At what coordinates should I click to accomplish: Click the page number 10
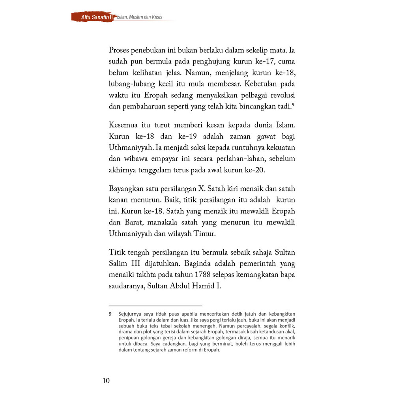coord(106,381)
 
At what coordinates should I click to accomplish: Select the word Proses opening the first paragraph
coord(121,51)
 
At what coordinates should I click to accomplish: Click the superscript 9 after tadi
coord(293,104)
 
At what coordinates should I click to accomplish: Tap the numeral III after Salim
coord(137,263)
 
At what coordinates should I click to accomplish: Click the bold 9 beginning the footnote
coord(110,314)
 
